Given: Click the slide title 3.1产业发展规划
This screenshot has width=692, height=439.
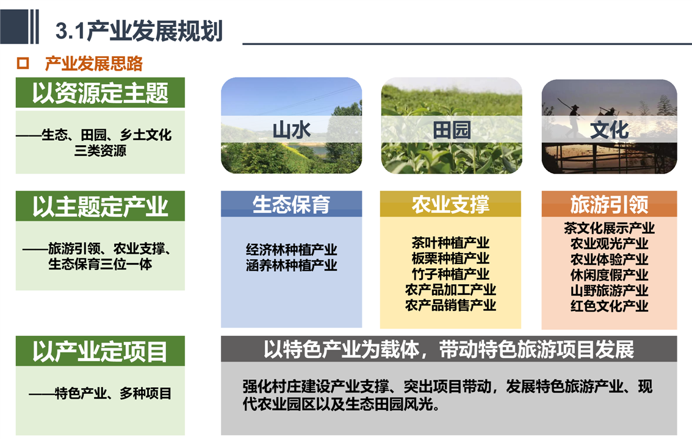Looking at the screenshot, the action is tap(139, 31).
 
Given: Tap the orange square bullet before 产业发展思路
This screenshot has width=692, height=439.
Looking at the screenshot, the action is tap(23, 63).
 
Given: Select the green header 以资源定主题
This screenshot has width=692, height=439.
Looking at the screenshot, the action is tap(100, 93).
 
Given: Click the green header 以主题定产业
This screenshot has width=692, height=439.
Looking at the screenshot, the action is tap(100, 206).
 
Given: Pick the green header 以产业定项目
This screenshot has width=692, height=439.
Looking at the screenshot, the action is tap(100, 351).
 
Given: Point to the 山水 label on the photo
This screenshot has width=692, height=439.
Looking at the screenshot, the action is tap(291, 130).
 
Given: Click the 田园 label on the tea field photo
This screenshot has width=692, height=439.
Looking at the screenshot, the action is tap(452, 130).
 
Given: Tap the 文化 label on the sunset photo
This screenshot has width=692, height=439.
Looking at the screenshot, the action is tap(610, 130).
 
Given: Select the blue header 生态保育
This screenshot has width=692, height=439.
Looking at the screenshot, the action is tap(291, 204).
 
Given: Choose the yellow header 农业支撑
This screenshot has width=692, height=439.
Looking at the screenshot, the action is tap(450, 204).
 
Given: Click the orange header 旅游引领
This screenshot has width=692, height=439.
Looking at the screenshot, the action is tap(610, 204).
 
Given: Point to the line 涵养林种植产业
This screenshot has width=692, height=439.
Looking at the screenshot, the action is tap(292, 265).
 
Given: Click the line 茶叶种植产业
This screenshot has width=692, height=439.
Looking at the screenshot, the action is tap(450, 243).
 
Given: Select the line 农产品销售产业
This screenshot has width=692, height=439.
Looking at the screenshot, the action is tap(450, 305).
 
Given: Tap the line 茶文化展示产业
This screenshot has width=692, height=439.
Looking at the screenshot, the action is tap(610, 228).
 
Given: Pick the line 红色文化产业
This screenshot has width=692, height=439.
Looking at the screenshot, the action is tap(610, 306).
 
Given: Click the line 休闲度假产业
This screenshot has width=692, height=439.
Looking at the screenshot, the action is tap(610, 274).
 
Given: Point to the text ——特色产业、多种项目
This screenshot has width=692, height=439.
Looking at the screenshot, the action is tap(100, 393).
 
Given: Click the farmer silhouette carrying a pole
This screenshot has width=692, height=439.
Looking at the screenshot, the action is tap(572, 117).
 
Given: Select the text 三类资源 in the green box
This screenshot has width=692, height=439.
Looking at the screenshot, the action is tap(100, 151).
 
